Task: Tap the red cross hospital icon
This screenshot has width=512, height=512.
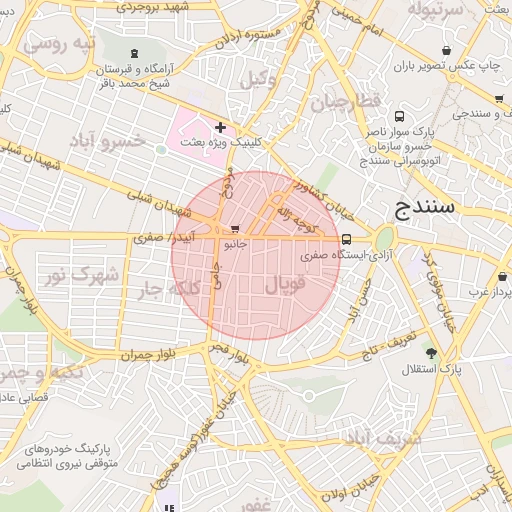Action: click(220, 127)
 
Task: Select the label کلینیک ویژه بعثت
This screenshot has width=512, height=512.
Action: click(222, 144)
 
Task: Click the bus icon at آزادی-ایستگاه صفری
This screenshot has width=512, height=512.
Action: click(346, 239)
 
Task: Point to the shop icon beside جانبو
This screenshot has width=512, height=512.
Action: click(235, 229)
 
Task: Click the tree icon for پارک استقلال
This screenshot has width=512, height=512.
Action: click(431, 353)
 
